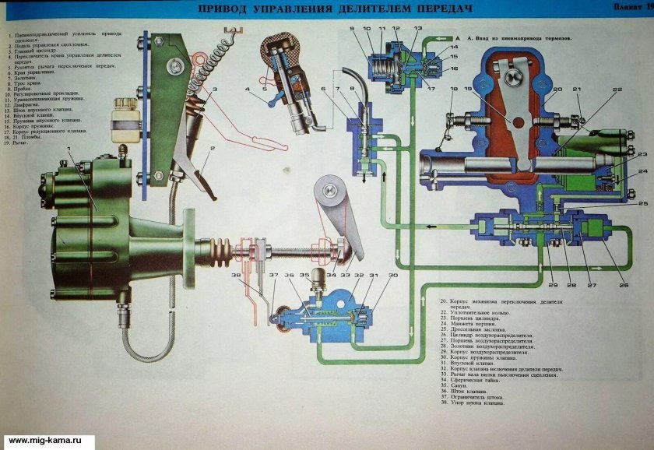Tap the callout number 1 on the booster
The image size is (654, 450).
pos(69,147)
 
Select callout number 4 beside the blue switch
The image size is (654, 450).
pos(247,90)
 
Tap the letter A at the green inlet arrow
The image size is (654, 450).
pos(459,37)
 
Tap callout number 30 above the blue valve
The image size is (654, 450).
pos(392,275)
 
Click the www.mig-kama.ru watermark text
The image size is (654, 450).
pos(47,441)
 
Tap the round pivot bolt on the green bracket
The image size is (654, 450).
pos(169,70)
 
